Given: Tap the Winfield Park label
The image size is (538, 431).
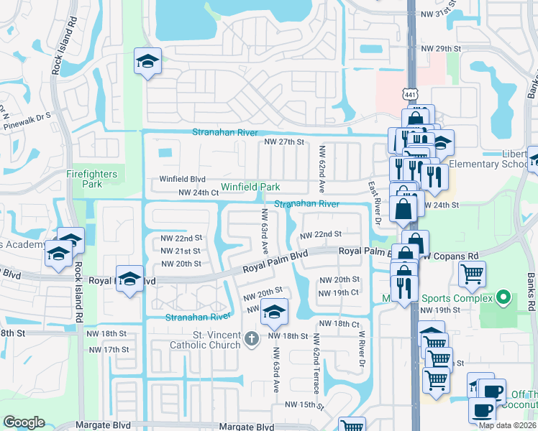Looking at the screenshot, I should point(250,187).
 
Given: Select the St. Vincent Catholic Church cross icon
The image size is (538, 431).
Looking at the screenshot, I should point(251,338).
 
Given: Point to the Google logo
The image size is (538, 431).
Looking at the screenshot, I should point(24,422).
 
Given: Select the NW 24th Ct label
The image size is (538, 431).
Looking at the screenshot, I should point(198,193).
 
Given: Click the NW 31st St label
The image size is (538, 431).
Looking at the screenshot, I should point(441,11).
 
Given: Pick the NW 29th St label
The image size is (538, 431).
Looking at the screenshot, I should point(440,48).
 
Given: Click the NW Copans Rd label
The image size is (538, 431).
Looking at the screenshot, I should point(451,256).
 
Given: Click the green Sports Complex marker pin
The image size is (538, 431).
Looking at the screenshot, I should point(503,297).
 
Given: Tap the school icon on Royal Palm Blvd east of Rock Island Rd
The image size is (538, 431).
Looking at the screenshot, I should point(129,279).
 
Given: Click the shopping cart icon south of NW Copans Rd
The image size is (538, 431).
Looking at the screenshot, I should point(472,274).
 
